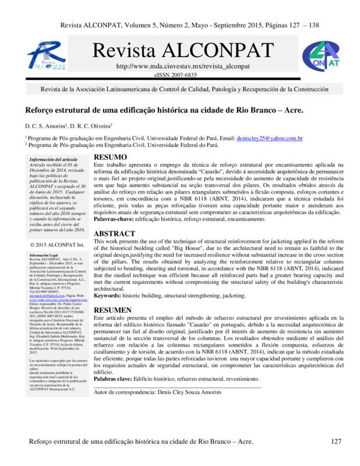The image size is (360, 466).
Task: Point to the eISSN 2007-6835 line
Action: [x=175, y=76]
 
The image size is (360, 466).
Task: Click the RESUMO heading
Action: [x=110, y=158]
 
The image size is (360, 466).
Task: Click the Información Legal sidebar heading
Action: [x=46, y=255]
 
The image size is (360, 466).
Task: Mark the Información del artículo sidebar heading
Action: [x=54, y=159]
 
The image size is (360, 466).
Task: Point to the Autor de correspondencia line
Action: [x=157, y=392]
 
